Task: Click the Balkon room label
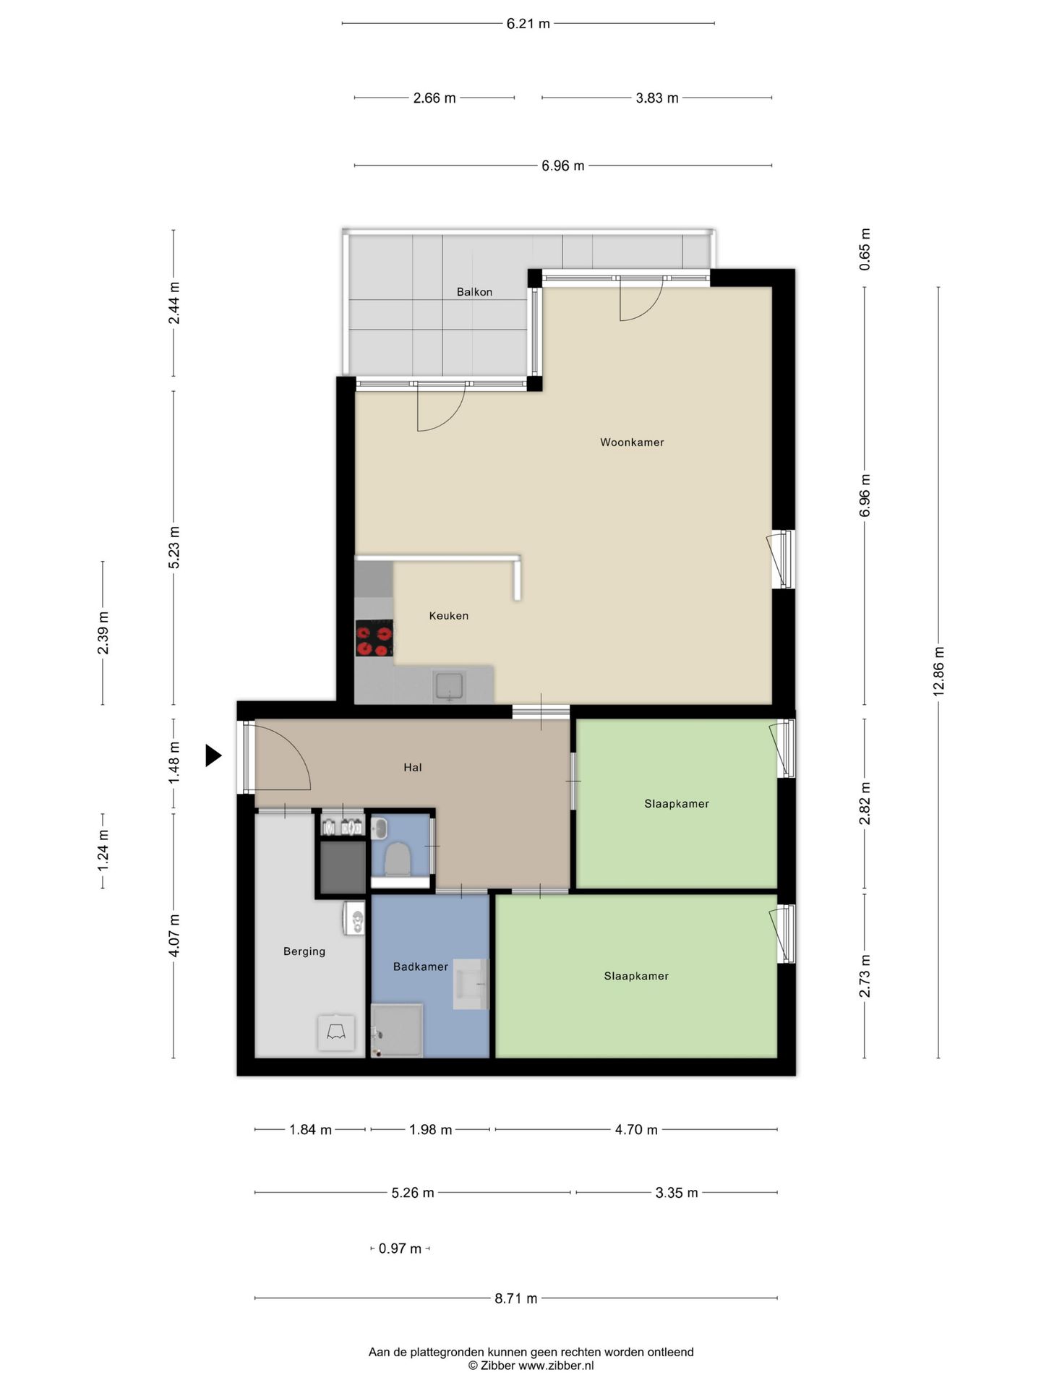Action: [474, 292]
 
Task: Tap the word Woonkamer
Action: [632, 442]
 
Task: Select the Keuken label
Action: [449, 616]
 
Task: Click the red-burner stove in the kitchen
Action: [374, 638]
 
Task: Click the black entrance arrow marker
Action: [213, 755]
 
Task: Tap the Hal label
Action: [413, 768]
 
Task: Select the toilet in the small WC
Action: [397, 858]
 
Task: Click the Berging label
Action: [304, 951]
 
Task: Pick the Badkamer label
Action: [421, 967]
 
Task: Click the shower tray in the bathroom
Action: [397, 1030]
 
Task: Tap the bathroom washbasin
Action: [471, 984]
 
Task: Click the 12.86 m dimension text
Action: [938, 672]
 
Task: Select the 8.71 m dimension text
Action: [516, 1298]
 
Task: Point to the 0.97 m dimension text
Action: [400, 1248]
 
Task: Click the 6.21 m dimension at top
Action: [528, 24]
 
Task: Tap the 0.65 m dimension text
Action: [865, 249]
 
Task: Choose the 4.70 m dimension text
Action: [636, 1129]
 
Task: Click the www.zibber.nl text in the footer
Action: [556, 1366]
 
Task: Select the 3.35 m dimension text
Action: [677, 1193]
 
